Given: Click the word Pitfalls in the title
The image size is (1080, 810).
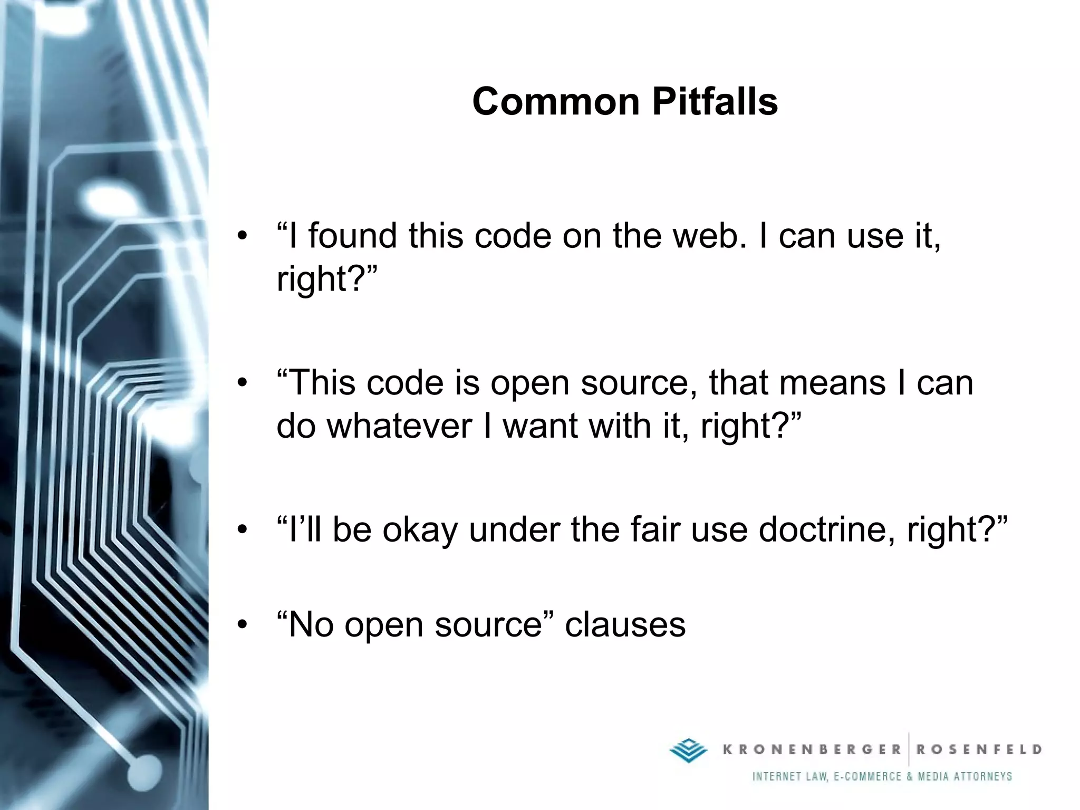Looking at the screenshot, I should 715,101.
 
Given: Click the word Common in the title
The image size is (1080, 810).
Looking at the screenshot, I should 556,101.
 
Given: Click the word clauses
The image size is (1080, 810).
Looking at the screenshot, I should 625,625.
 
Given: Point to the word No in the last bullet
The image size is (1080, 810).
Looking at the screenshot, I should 312,625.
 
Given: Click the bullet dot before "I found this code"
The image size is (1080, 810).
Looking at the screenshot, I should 242,236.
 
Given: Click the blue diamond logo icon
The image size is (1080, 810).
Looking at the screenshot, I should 688,750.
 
